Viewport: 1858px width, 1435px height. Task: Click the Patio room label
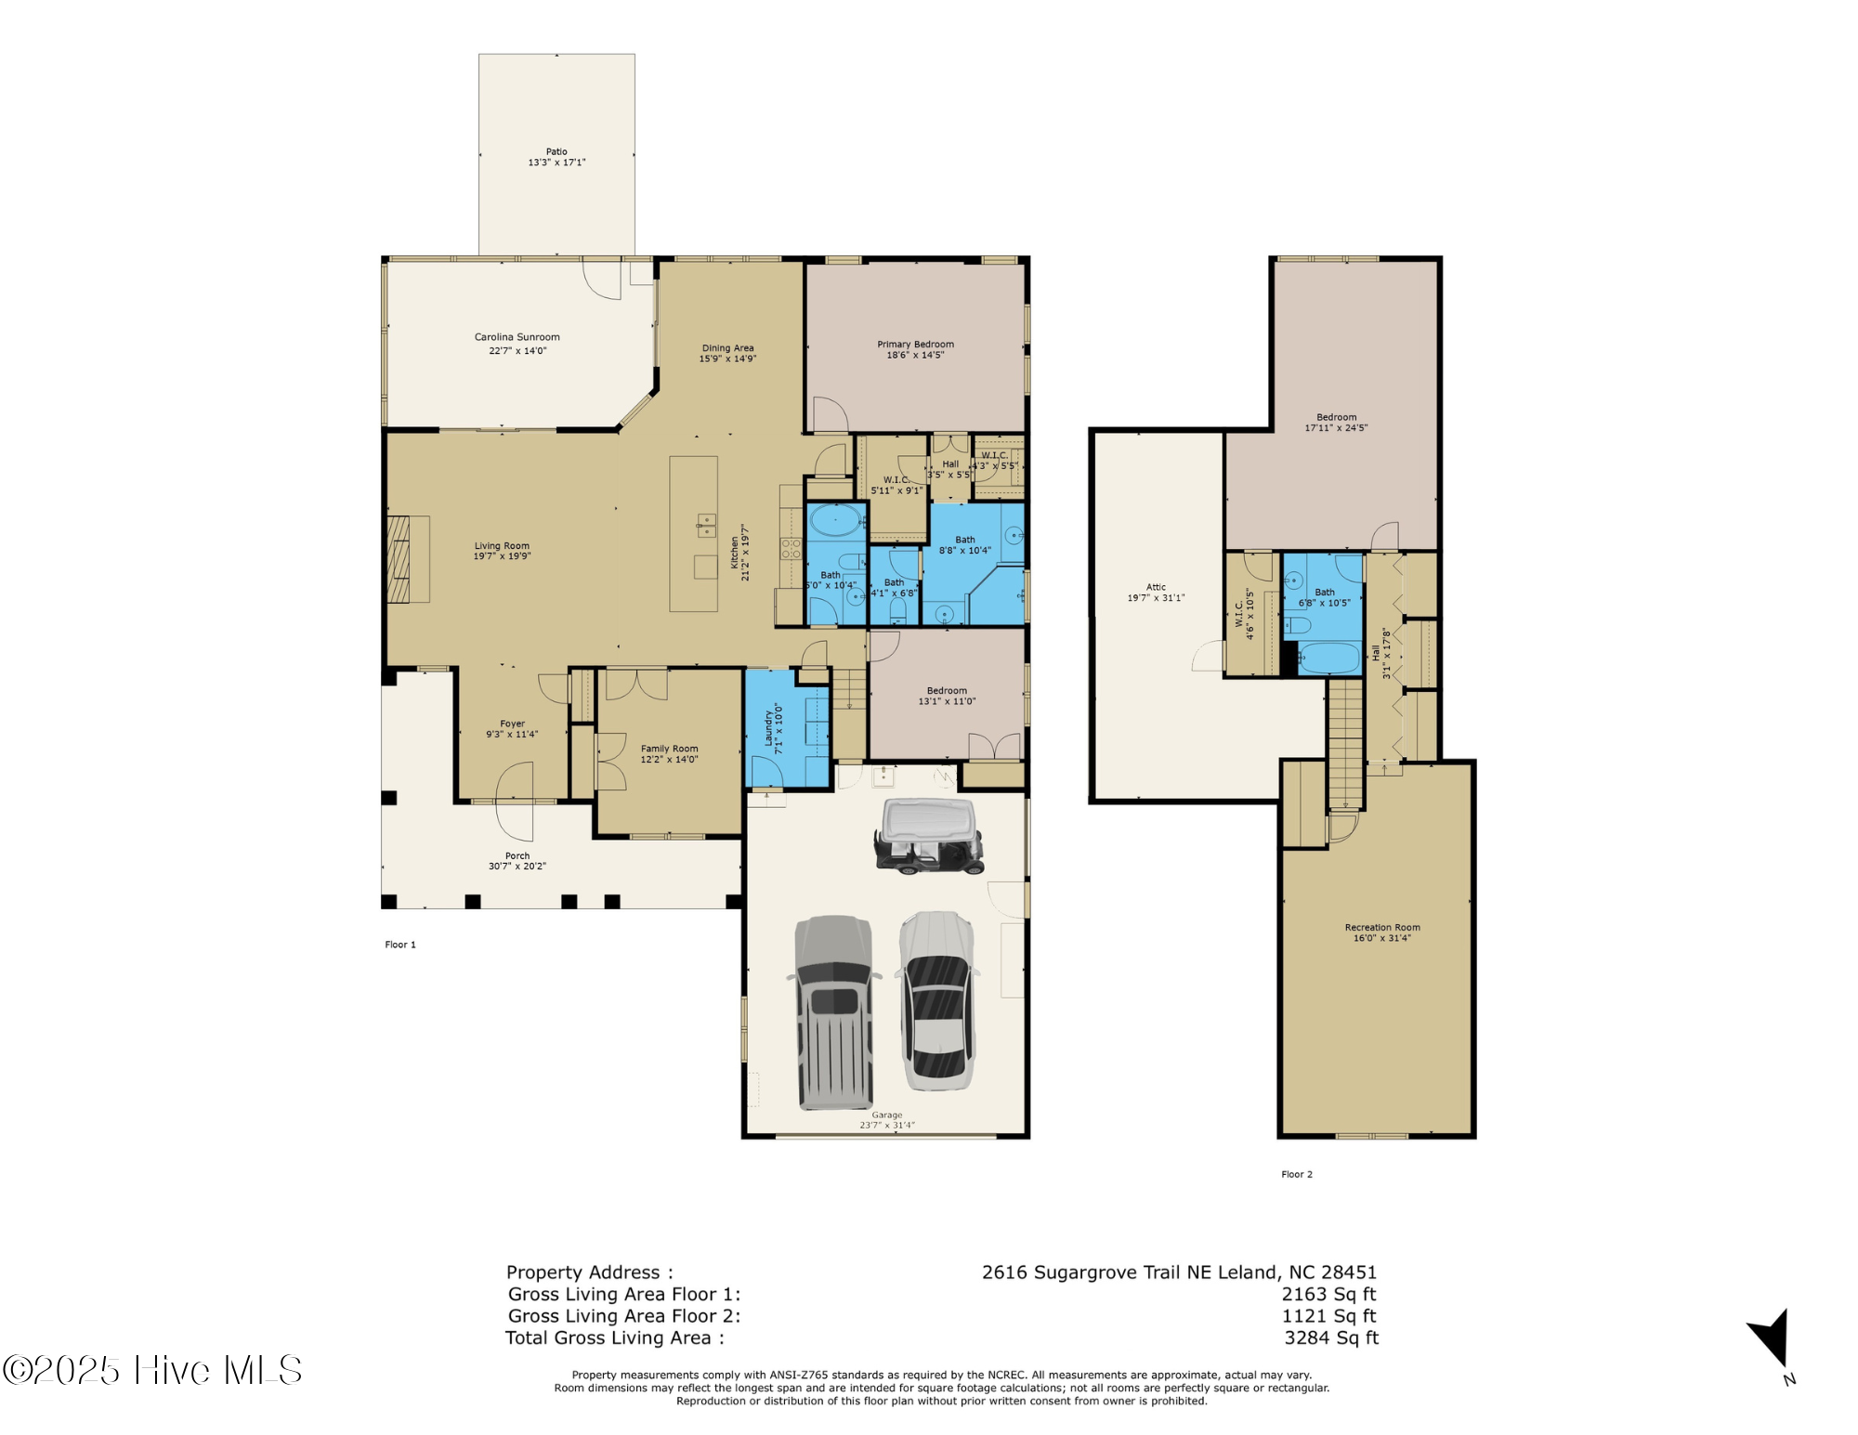click(556, 151)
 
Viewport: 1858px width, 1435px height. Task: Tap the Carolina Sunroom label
click(517, 337)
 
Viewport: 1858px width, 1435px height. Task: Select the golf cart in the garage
click(928, 836)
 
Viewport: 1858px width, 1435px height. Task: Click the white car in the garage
click(937, 1000)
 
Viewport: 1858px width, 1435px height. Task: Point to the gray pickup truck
click(834, 1012)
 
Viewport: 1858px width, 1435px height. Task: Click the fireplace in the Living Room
click(407, 559)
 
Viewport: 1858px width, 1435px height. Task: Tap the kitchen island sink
click(706, 526)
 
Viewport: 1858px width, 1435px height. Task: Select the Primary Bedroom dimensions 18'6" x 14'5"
click(915, 355)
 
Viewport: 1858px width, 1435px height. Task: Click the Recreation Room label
click(1381, 927)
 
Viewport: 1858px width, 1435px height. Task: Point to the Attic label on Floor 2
click(1156, 587)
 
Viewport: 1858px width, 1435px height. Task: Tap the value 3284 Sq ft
click(1330, 1337)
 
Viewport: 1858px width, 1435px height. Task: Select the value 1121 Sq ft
click(1328, 1315)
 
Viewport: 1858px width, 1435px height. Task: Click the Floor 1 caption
click(400, 945)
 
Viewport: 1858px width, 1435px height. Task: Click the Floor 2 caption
click(1297, 1174)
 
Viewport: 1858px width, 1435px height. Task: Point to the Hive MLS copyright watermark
click(153, 1370)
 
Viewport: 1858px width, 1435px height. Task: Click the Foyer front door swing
click(515, 802)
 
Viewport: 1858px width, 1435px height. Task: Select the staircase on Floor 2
click(1344, 743)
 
